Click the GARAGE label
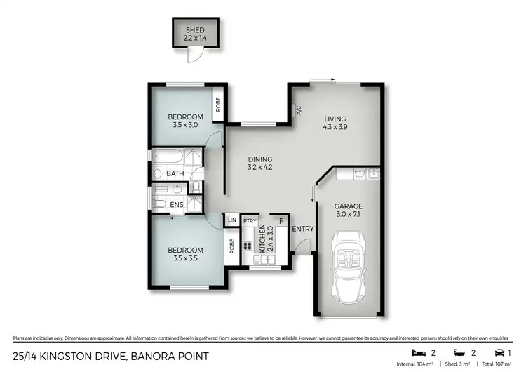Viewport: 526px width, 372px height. coord(348,206)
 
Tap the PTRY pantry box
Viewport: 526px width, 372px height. coord(249,221)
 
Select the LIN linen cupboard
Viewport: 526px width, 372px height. coord(231,220)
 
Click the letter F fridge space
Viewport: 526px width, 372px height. coord(281,221)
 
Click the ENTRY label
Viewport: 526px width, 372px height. coord(302,229)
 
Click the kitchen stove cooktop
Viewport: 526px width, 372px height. coord(248,246)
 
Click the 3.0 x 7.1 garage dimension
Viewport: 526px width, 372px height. coord(348,215)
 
